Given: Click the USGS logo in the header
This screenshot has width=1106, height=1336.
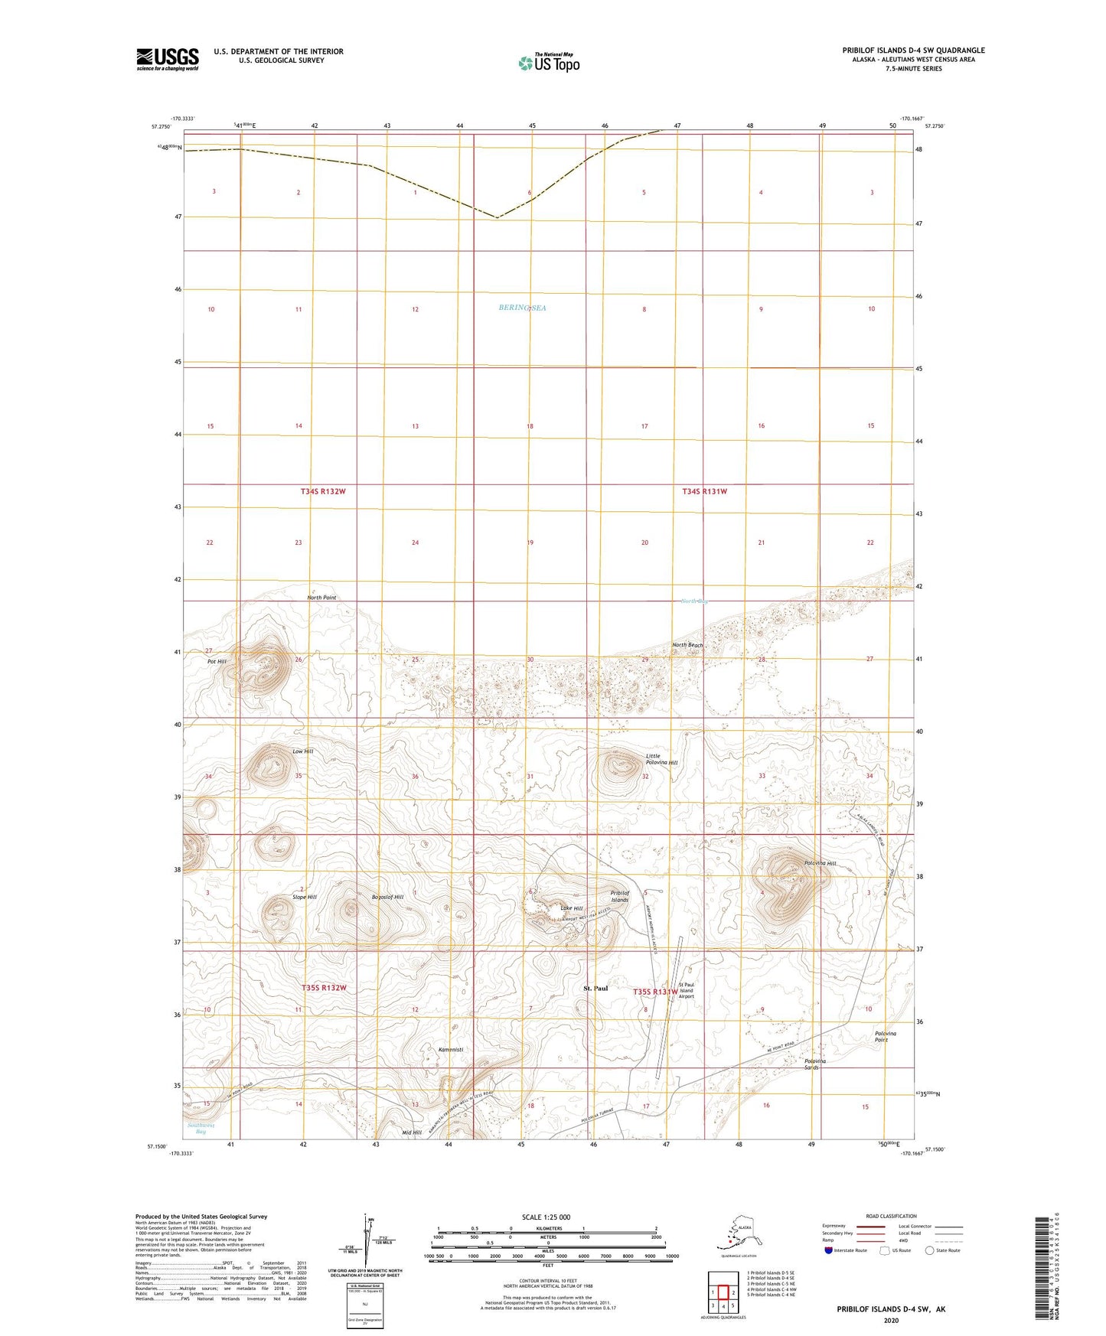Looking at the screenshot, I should pyautogui.click(x=168, y=58).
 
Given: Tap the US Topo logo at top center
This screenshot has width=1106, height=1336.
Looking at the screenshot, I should pyautogui.click(x=548, y=62).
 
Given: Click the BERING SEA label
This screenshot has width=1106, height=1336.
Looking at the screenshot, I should pyautogui.click(x=523, y=308).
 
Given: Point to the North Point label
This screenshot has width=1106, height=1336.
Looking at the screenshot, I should pyautogui.click(x=321, y=597).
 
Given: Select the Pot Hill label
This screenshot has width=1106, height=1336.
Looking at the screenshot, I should pyautogui.click(x=217, y=661).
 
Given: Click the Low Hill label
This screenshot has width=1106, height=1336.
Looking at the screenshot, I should pyautogui.click(x=303, y=751).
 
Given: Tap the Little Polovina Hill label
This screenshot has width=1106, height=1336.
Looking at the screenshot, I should pyautogui.click(x=661, y=759).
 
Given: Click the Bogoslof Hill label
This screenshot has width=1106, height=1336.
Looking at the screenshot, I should pyautogui.click(x=387, y=897).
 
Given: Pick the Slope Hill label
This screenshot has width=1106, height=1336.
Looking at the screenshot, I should pyautogui.click(x=304, y=897).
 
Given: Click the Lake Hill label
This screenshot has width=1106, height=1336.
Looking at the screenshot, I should pyautogui.click(x=572, y=908).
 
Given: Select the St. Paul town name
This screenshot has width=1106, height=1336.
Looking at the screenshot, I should pyautogui.click(x=596, y=988).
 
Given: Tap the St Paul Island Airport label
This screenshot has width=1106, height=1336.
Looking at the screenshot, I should pyautogui.click(x=686, y=990).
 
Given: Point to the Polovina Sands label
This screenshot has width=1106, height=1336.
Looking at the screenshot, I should pyautogui.click(x=815, y=1064).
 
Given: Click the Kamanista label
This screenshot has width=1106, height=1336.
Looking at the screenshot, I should pyautogui.click(x=451, y=1049).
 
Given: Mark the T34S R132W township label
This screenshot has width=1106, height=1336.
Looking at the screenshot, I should pyautogui.click(x=323, y=491).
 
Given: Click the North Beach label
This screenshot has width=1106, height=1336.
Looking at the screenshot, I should pyautogui.click(x=687, y=645).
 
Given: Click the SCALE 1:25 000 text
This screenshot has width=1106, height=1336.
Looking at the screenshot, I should pyautogui.click(x=546, y=1217).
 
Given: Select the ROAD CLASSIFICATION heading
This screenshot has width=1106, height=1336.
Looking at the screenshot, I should pyautogui.click(x=891, y=1216).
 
